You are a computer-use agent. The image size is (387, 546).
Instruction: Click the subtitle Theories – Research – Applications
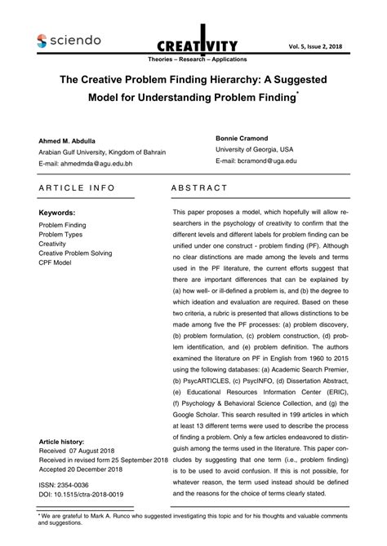click(x=193, y=61)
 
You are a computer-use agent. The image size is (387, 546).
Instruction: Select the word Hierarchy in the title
click(x=247, y=81)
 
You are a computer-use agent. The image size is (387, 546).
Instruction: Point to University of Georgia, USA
click(x=255, y=149)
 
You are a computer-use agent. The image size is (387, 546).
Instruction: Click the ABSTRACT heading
click(x=199, y=188)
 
